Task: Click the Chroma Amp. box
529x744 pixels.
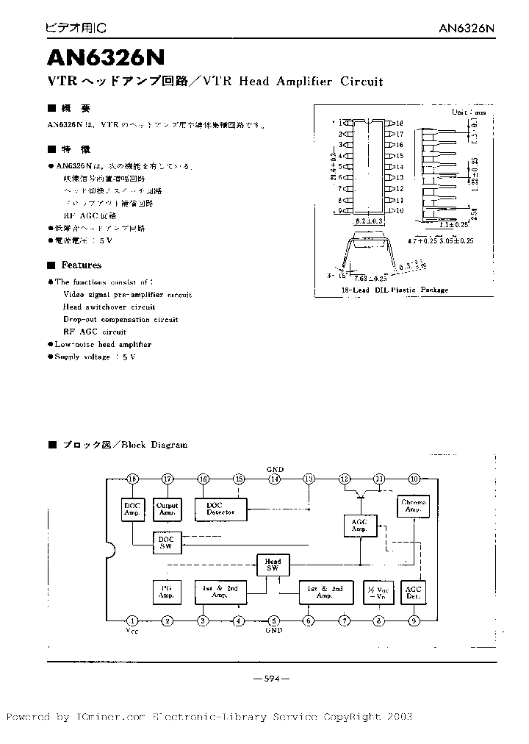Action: click(414, 507)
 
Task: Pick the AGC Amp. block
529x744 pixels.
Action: click(359, 525)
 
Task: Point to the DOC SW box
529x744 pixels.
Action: click(167, 543)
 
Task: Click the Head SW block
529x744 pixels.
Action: click(273, 565)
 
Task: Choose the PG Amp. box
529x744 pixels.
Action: click(167, 593)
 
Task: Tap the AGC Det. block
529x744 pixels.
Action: click(414, 593)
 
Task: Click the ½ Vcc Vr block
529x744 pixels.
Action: click(378, 593)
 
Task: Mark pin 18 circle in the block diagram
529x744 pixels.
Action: click(132, 479)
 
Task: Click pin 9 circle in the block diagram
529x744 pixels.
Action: click(414, 621)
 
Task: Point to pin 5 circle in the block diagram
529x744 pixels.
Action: click(273, 621)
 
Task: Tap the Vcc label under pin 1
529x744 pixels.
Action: click(132, 631)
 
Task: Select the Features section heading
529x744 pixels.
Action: click(81, 265)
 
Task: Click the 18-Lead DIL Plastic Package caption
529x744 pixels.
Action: click(395, 290)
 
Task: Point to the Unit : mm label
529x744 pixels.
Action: click(469, 112)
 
